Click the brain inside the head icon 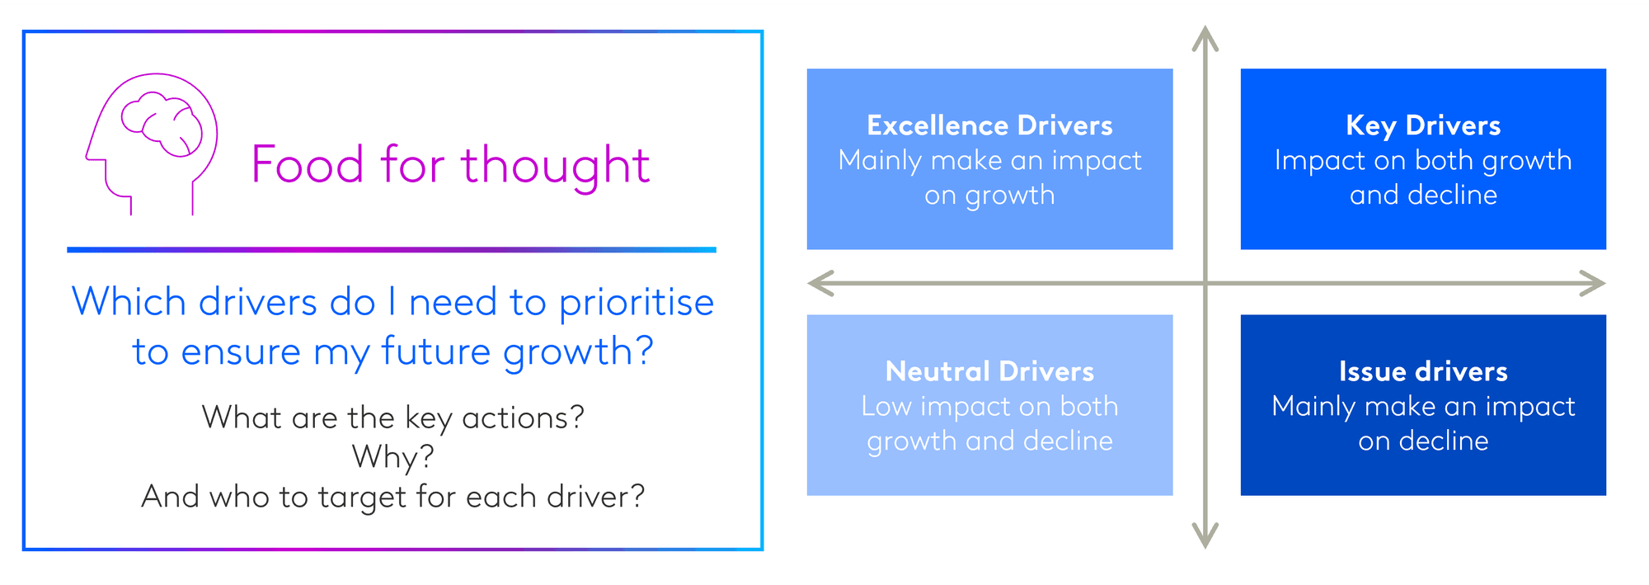tap(162, 124)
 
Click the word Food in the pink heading tap(308, 164)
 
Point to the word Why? tap(393, 457)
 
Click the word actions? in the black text tap(523, 418)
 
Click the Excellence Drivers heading tap(989, 125)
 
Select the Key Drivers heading tap(1423, 126)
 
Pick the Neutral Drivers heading tap(989, 371)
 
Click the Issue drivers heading tap(1423, 371)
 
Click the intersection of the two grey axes tap(1205, 284)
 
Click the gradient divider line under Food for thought tap(392, 249)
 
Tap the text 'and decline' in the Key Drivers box tap(1423, 195)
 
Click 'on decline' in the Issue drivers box tap(1423, 441)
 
